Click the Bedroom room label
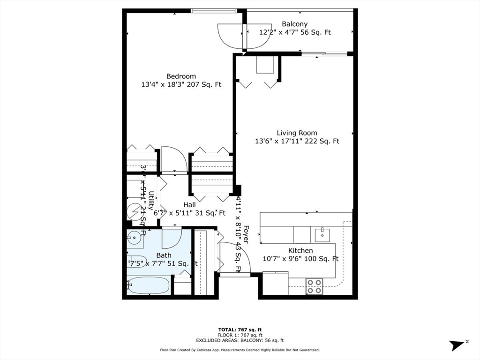tap(181, 76)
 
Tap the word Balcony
tap(294, 24)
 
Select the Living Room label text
tap(296, 133)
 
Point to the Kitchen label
tap(300, 250)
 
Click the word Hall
tap(189, 205)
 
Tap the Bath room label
tap(164, 255)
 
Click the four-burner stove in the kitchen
tap(314, 286)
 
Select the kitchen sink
tap(322, 233)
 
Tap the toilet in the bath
tap(136, 262)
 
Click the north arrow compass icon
tap(458, 345)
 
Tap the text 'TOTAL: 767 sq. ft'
tap(240, 330)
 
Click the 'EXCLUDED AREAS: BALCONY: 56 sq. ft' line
tap(240, 341)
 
